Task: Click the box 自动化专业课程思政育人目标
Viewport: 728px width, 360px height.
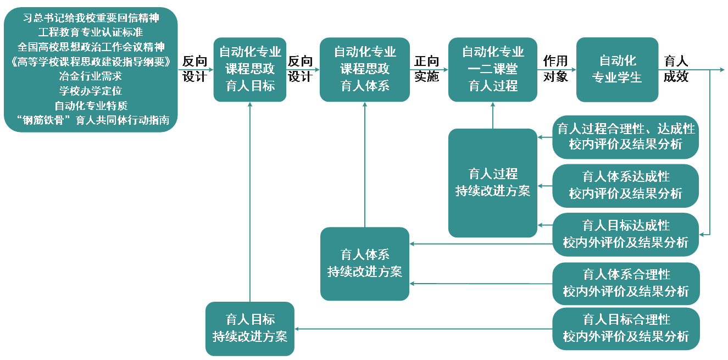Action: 250,69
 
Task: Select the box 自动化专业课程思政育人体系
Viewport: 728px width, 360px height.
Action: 365,69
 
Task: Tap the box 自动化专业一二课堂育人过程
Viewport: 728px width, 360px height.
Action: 493,69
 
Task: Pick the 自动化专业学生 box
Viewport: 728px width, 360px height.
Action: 617,69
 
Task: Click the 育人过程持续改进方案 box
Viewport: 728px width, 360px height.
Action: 492,182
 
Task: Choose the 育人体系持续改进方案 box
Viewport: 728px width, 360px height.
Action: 365,263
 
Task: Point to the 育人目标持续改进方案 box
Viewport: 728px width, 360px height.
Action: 250,328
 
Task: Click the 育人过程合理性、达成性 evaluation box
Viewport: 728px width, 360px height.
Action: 626,137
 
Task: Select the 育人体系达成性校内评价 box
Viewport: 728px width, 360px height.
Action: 626,185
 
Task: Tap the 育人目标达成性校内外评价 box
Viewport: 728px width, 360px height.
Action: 626,234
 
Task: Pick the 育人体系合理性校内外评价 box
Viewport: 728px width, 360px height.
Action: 626,283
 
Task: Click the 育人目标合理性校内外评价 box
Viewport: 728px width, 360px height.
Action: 626,328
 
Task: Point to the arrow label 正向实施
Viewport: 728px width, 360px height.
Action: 427,69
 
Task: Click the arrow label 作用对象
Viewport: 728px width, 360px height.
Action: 555,69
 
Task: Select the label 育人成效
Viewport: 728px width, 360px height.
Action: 676,69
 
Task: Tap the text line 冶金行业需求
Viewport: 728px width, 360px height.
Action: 91,76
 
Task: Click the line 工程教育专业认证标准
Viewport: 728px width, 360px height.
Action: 91,32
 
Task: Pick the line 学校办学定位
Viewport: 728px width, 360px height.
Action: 91,91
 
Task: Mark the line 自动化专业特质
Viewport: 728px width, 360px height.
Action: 91,106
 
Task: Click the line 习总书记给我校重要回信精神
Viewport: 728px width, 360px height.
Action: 91,18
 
